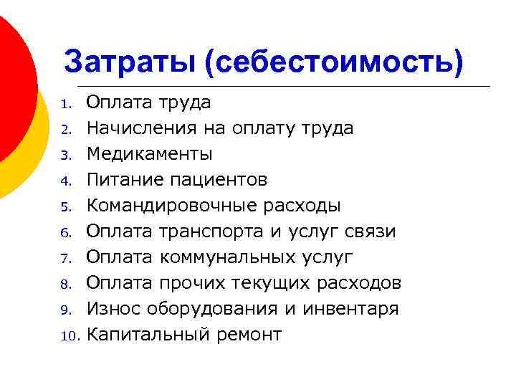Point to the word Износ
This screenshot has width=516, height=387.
114,309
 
